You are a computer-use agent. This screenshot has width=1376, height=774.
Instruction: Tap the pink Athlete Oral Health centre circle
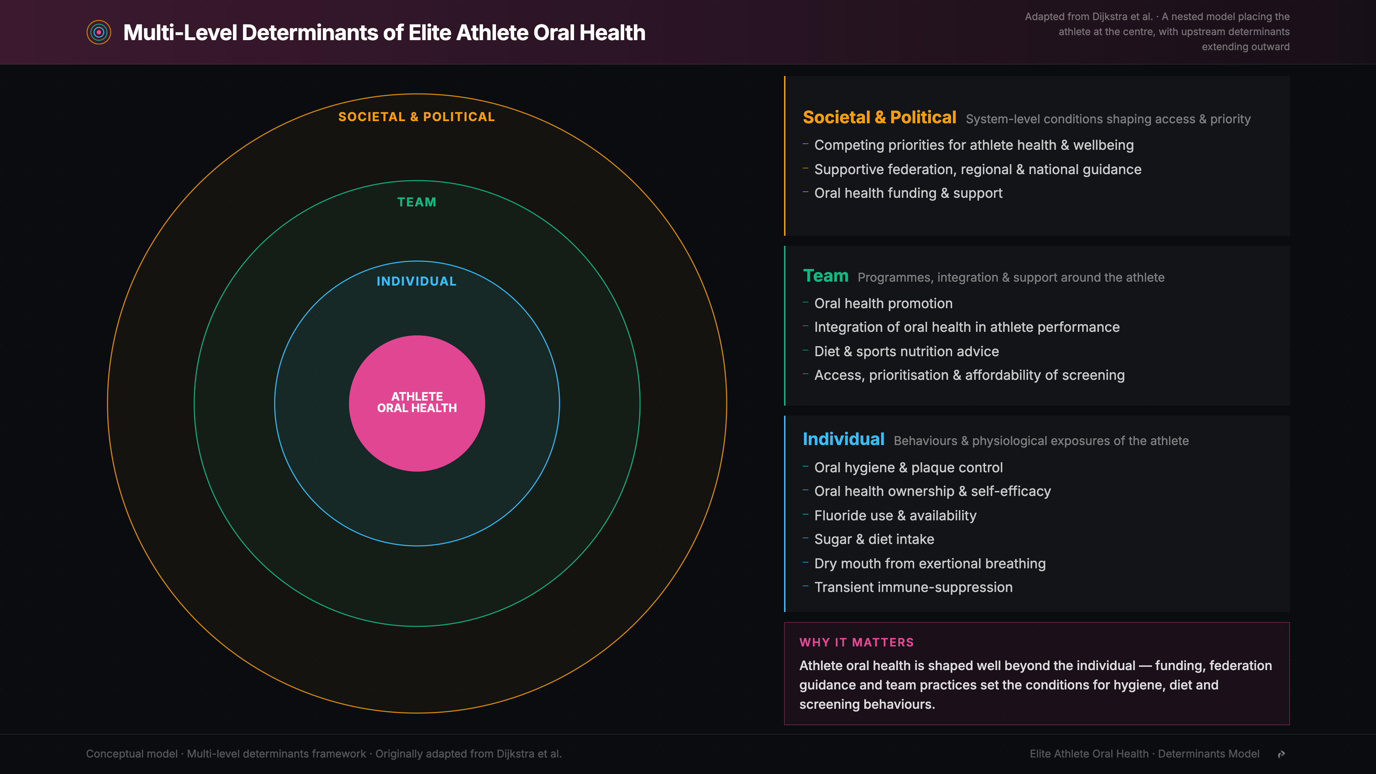[417, 403]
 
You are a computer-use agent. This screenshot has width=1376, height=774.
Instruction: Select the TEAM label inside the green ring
[417, 202]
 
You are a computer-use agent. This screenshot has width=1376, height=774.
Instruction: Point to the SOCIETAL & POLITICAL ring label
[417, 116]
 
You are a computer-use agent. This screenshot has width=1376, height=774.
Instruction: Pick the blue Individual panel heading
[844, 439]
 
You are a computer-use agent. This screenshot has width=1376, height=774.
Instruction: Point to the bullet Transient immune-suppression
[913, 587]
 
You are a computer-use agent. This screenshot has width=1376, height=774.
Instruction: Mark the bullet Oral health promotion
[883, 304]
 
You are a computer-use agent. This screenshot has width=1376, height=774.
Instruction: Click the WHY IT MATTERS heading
[856, 642]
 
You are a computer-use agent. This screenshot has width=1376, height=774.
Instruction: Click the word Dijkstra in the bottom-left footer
[515, 754]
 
